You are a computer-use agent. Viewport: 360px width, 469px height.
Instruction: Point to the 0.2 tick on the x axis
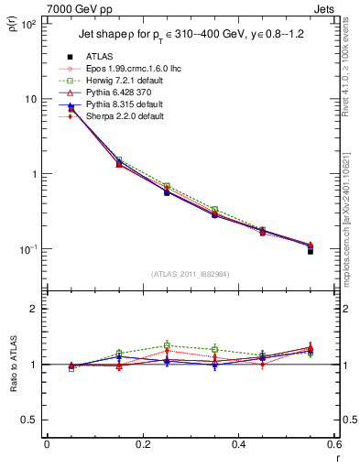click(142, 445)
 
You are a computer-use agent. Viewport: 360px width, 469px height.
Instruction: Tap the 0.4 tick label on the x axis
click(238, 445)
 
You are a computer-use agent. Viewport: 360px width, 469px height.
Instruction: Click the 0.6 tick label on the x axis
click(333, 445)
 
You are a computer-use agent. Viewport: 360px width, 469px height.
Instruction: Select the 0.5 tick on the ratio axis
click(31, 420)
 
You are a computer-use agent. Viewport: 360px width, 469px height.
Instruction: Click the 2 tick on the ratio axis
click(35, 309)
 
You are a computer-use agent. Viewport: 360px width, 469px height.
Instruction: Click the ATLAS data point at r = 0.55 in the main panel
click(311, 250)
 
